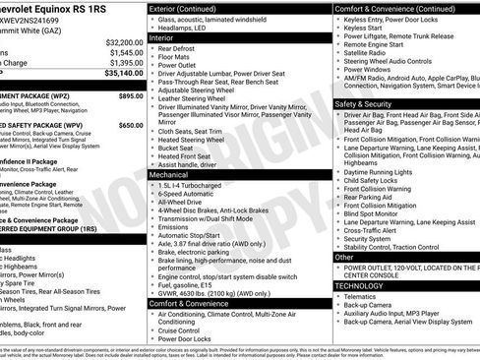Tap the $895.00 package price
(x=130, y=96)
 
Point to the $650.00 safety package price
(x=130, y=126)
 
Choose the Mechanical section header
(x=170, y=173)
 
